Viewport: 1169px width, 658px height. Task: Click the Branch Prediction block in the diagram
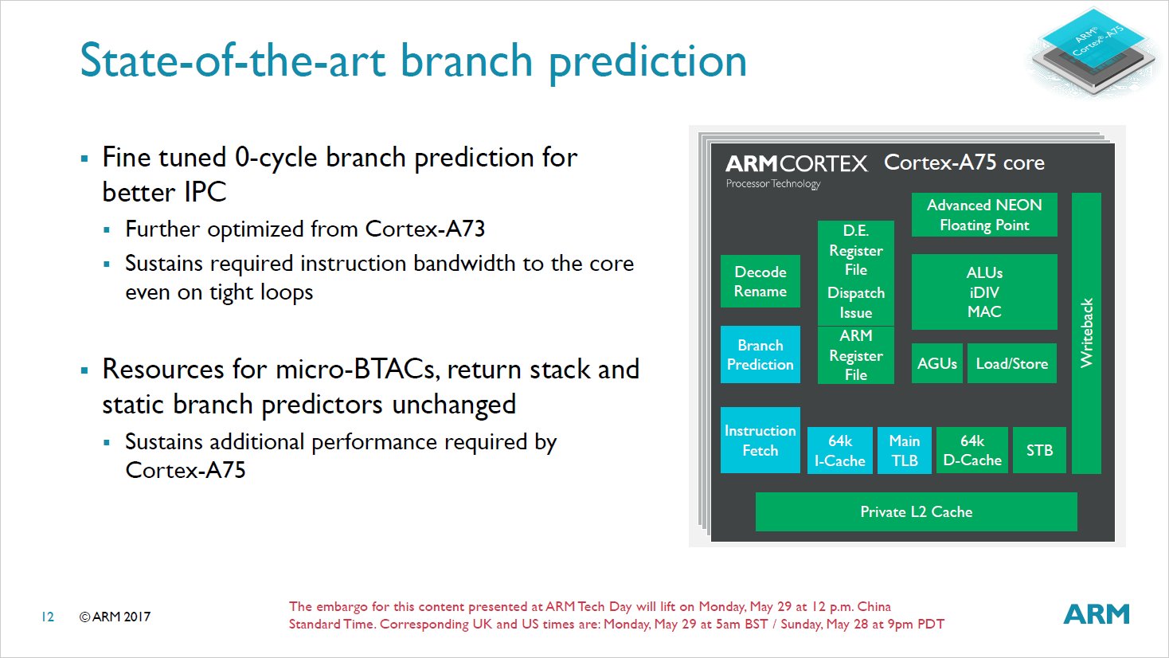[x=760, y=354]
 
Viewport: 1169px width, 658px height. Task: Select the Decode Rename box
[x=760, y=281]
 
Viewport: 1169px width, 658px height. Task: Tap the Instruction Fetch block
[x=760, y=441]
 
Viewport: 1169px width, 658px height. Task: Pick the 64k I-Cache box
[x=839, y=450]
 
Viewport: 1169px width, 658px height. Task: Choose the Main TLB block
[x=904, y=450]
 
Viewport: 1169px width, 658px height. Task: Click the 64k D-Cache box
[x=972, y=450]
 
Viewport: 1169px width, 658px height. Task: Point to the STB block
[x=1039, y=450]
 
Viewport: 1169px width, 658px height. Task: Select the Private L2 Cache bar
[x=916, y=511]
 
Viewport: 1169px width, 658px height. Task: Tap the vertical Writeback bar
[x=1086, y=333]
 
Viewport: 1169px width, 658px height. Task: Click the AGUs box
[x=936, y=363]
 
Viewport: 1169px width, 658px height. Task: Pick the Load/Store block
[x=1011, y=363]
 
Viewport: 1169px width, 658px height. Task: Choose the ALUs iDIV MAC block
[x=984, y=292]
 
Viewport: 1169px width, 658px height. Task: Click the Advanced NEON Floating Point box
[x=984, y=215]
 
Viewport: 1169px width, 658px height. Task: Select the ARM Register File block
[x=855, y=355]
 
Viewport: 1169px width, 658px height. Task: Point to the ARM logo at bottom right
[x=1097, y=614]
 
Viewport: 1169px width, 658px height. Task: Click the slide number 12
[x=48, y=617]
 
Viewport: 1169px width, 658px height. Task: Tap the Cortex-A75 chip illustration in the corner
[x=1093, y=49]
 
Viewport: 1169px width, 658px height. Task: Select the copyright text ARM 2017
[x=115, y=617]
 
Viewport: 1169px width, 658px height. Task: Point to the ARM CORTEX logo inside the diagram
[x=796, y=164]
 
